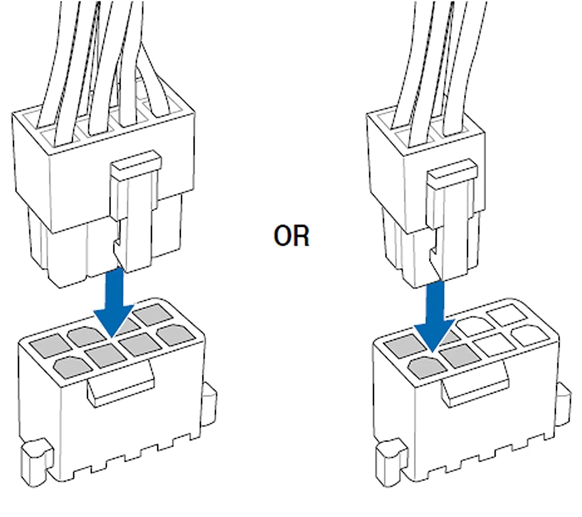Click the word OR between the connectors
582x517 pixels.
pos(291,236)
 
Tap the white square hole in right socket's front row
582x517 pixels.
pos(493,344)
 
